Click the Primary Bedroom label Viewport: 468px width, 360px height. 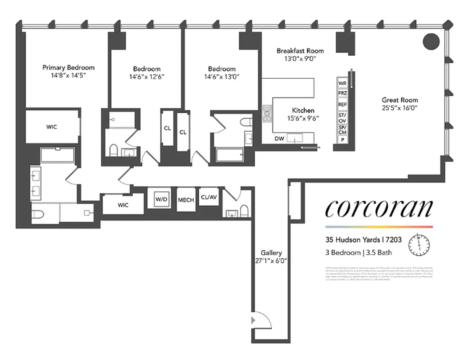click(68, 67)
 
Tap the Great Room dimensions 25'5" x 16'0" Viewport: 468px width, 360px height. click(400, 108)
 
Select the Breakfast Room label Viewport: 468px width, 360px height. click(300, 51)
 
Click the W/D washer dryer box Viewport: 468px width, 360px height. click(161, 198)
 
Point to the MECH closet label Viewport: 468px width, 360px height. click(186, 199)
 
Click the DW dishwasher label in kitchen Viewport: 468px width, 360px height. click(279, 139)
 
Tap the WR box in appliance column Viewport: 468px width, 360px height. click(342, 83)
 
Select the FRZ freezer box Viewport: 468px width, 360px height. click(342, 93)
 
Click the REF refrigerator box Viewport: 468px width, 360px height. click(342, 104)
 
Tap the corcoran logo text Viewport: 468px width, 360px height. click(378, 208)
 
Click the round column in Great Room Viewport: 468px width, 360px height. click(431, 41)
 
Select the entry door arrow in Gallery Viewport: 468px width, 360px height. click(253, 319)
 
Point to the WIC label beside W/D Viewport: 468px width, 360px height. click(123, 205)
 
